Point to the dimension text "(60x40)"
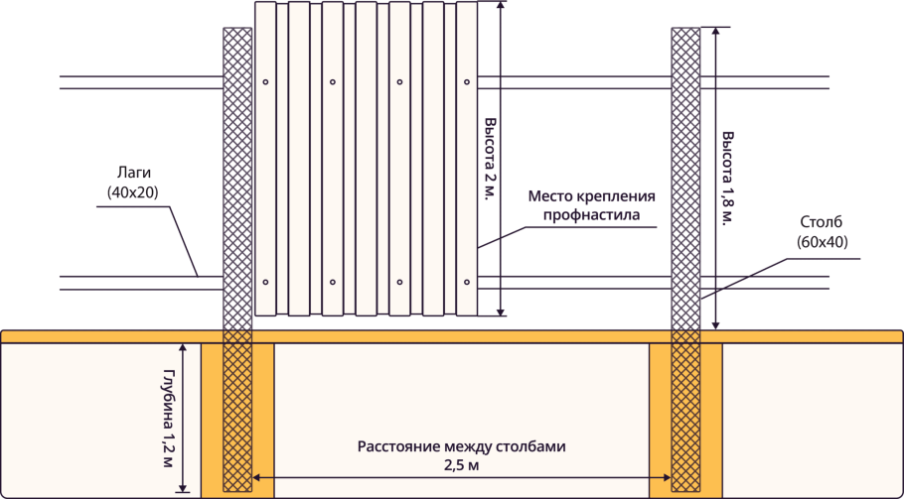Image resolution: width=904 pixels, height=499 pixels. (x=822, y=241)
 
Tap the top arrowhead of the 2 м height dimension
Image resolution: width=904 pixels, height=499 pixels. (x=500, y=5)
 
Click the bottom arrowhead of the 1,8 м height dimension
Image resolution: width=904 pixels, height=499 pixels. (x=714, y=325)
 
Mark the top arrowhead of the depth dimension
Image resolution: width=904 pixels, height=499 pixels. (x=184, y=346)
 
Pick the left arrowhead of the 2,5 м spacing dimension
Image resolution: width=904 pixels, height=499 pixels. (x=256, y=478)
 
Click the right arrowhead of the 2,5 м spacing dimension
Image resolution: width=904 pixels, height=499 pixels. (x=669, y=478)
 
